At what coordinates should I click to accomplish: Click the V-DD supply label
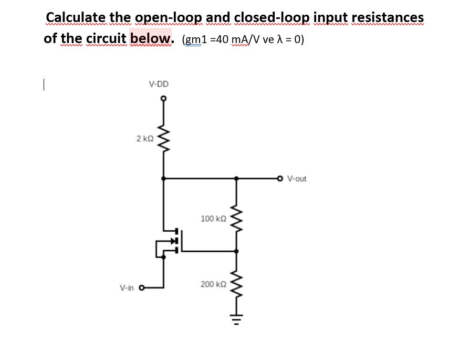pos(159,84)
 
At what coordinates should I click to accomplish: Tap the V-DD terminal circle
pos(163,99)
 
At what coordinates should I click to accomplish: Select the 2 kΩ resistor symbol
pos(163,139)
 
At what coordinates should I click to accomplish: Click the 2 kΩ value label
pos(144,139)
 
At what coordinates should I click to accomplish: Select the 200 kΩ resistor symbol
pos(237,284)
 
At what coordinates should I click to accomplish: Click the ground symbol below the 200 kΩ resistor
pos(237,321)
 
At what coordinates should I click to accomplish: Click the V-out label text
pos(297,179)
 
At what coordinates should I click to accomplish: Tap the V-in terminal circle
pos(142,287)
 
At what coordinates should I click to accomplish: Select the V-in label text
pos(127,287)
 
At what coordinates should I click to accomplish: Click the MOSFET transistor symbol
pos(171,241)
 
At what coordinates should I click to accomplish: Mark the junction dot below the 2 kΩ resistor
pos(163,179)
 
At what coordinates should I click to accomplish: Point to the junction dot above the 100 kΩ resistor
pos(237,179)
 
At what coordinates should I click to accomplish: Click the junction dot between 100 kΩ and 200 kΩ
pos(237,251)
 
